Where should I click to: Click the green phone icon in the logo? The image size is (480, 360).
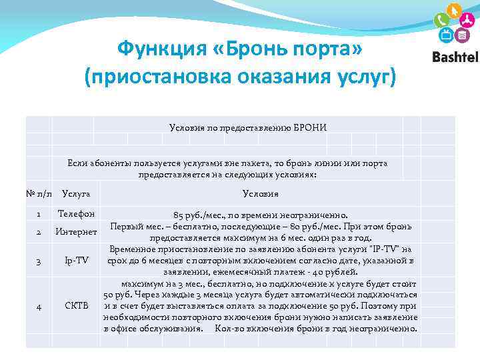[x=441, y=20]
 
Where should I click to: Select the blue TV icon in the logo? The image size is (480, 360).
[x=447, y=35]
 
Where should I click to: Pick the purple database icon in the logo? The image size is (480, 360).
[x=462, y=35]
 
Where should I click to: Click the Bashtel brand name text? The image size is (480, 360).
[x=455, y=57]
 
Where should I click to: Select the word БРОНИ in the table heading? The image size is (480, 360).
[x=309, y=127]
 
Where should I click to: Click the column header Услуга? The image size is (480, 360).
[x=76, y=194]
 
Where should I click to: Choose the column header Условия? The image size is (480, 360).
[x=261, y=194]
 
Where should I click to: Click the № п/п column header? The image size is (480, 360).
[x=39, y=194]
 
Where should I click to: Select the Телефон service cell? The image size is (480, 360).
[x=76, y=214]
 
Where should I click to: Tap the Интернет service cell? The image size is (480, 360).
[x=76, y=232]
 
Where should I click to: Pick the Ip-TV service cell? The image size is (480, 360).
[x=76, y=260]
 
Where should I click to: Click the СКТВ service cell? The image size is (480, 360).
[x=76, y=305]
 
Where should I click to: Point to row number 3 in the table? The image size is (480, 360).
[x=39, y=260]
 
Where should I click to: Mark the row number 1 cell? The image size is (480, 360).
[x=39, y=214]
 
